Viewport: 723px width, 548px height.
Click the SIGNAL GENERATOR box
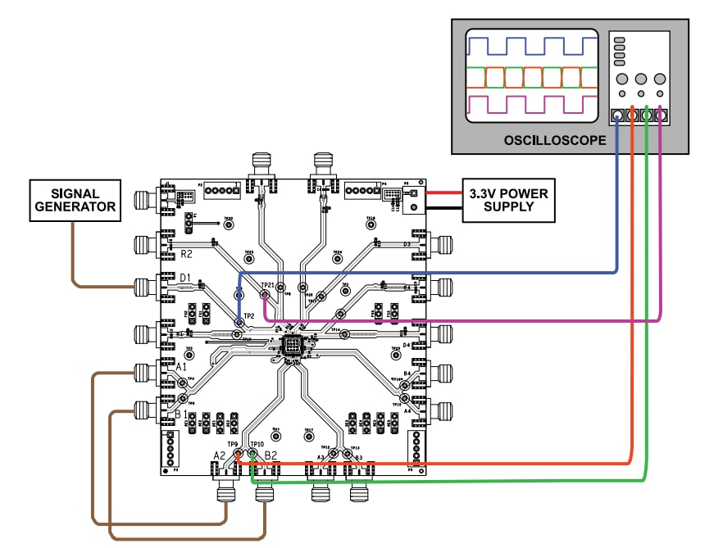tap(74, 200)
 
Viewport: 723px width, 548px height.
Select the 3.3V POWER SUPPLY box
tap(508, 200)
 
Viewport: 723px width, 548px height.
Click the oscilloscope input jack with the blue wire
tap(617, 116)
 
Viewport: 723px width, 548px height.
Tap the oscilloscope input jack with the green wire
tap(647, 116)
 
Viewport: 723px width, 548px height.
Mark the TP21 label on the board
tap(266, 285)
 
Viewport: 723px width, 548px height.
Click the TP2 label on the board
tap(250, 316)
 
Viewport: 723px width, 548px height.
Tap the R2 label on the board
tap(188, 254)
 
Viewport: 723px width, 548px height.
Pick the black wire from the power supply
tap(444, 207)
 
